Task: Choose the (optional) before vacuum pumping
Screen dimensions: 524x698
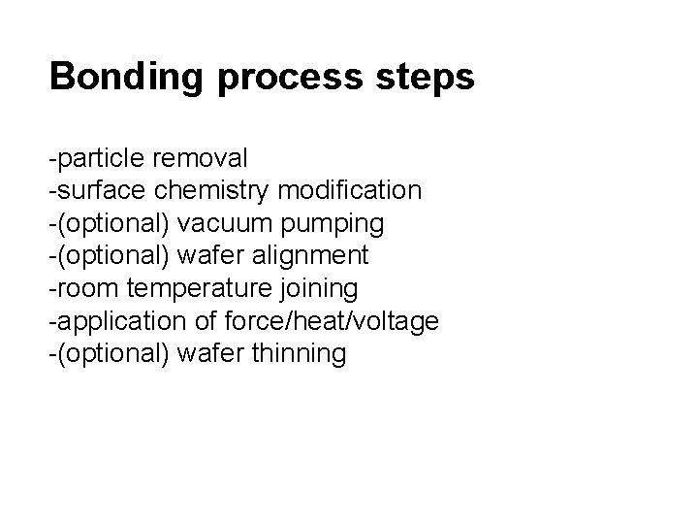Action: coord(114,223)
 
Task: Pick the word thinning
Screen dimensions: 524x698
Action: coord(298,355)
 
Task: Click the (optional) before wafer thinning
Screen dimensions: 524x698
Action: coord(114,355)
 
